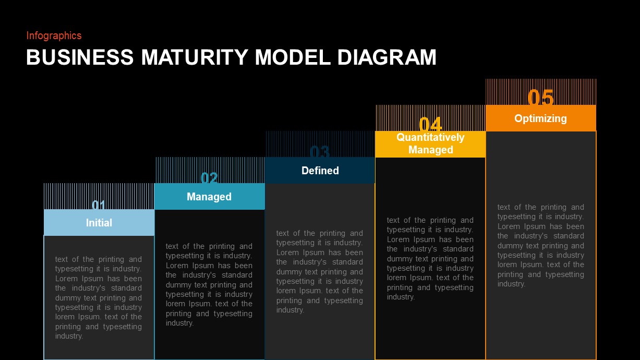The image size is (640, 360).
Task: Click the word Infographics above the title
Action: (x=54, y=35)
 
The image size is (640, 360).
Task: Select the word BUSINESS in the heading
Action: (x=80, y=57)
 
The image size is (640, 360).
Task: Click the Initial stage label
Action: (x=99, y=223)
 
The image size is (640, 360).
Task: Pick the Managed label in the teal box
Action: (x=209, y=197)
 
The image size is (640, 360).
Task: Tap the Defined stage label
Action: (x=320, y=171)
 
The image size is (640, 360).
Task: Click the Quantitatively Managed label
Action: (x=430, y=143)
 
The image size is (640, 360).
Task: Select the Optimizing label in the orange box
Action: (x=540, y=118)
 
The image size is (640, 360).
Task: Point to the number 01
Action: (x=99, y=205)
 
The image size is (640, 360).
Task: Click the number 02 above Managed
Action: (x=209, y=178)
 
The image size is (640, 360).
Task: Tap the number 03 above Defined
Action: (x=320, y=152)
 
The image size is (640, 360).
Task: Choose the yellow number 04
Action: (x=430, y=125)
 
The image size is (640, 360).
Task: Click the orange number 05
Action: (x=540, y=98)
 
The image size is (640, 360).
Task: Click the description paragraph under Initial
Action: (x=99, y=297)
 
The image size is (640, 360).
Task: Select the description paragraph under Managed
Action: (x=209, y=284)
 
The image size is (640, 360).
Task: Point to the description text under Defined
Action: (x=320, y=271)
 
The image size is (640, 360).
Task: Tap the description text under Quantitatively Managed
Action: (x=430, y=258)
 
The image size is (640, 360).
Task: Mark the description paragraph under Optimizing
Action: (x=541, y=245)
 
